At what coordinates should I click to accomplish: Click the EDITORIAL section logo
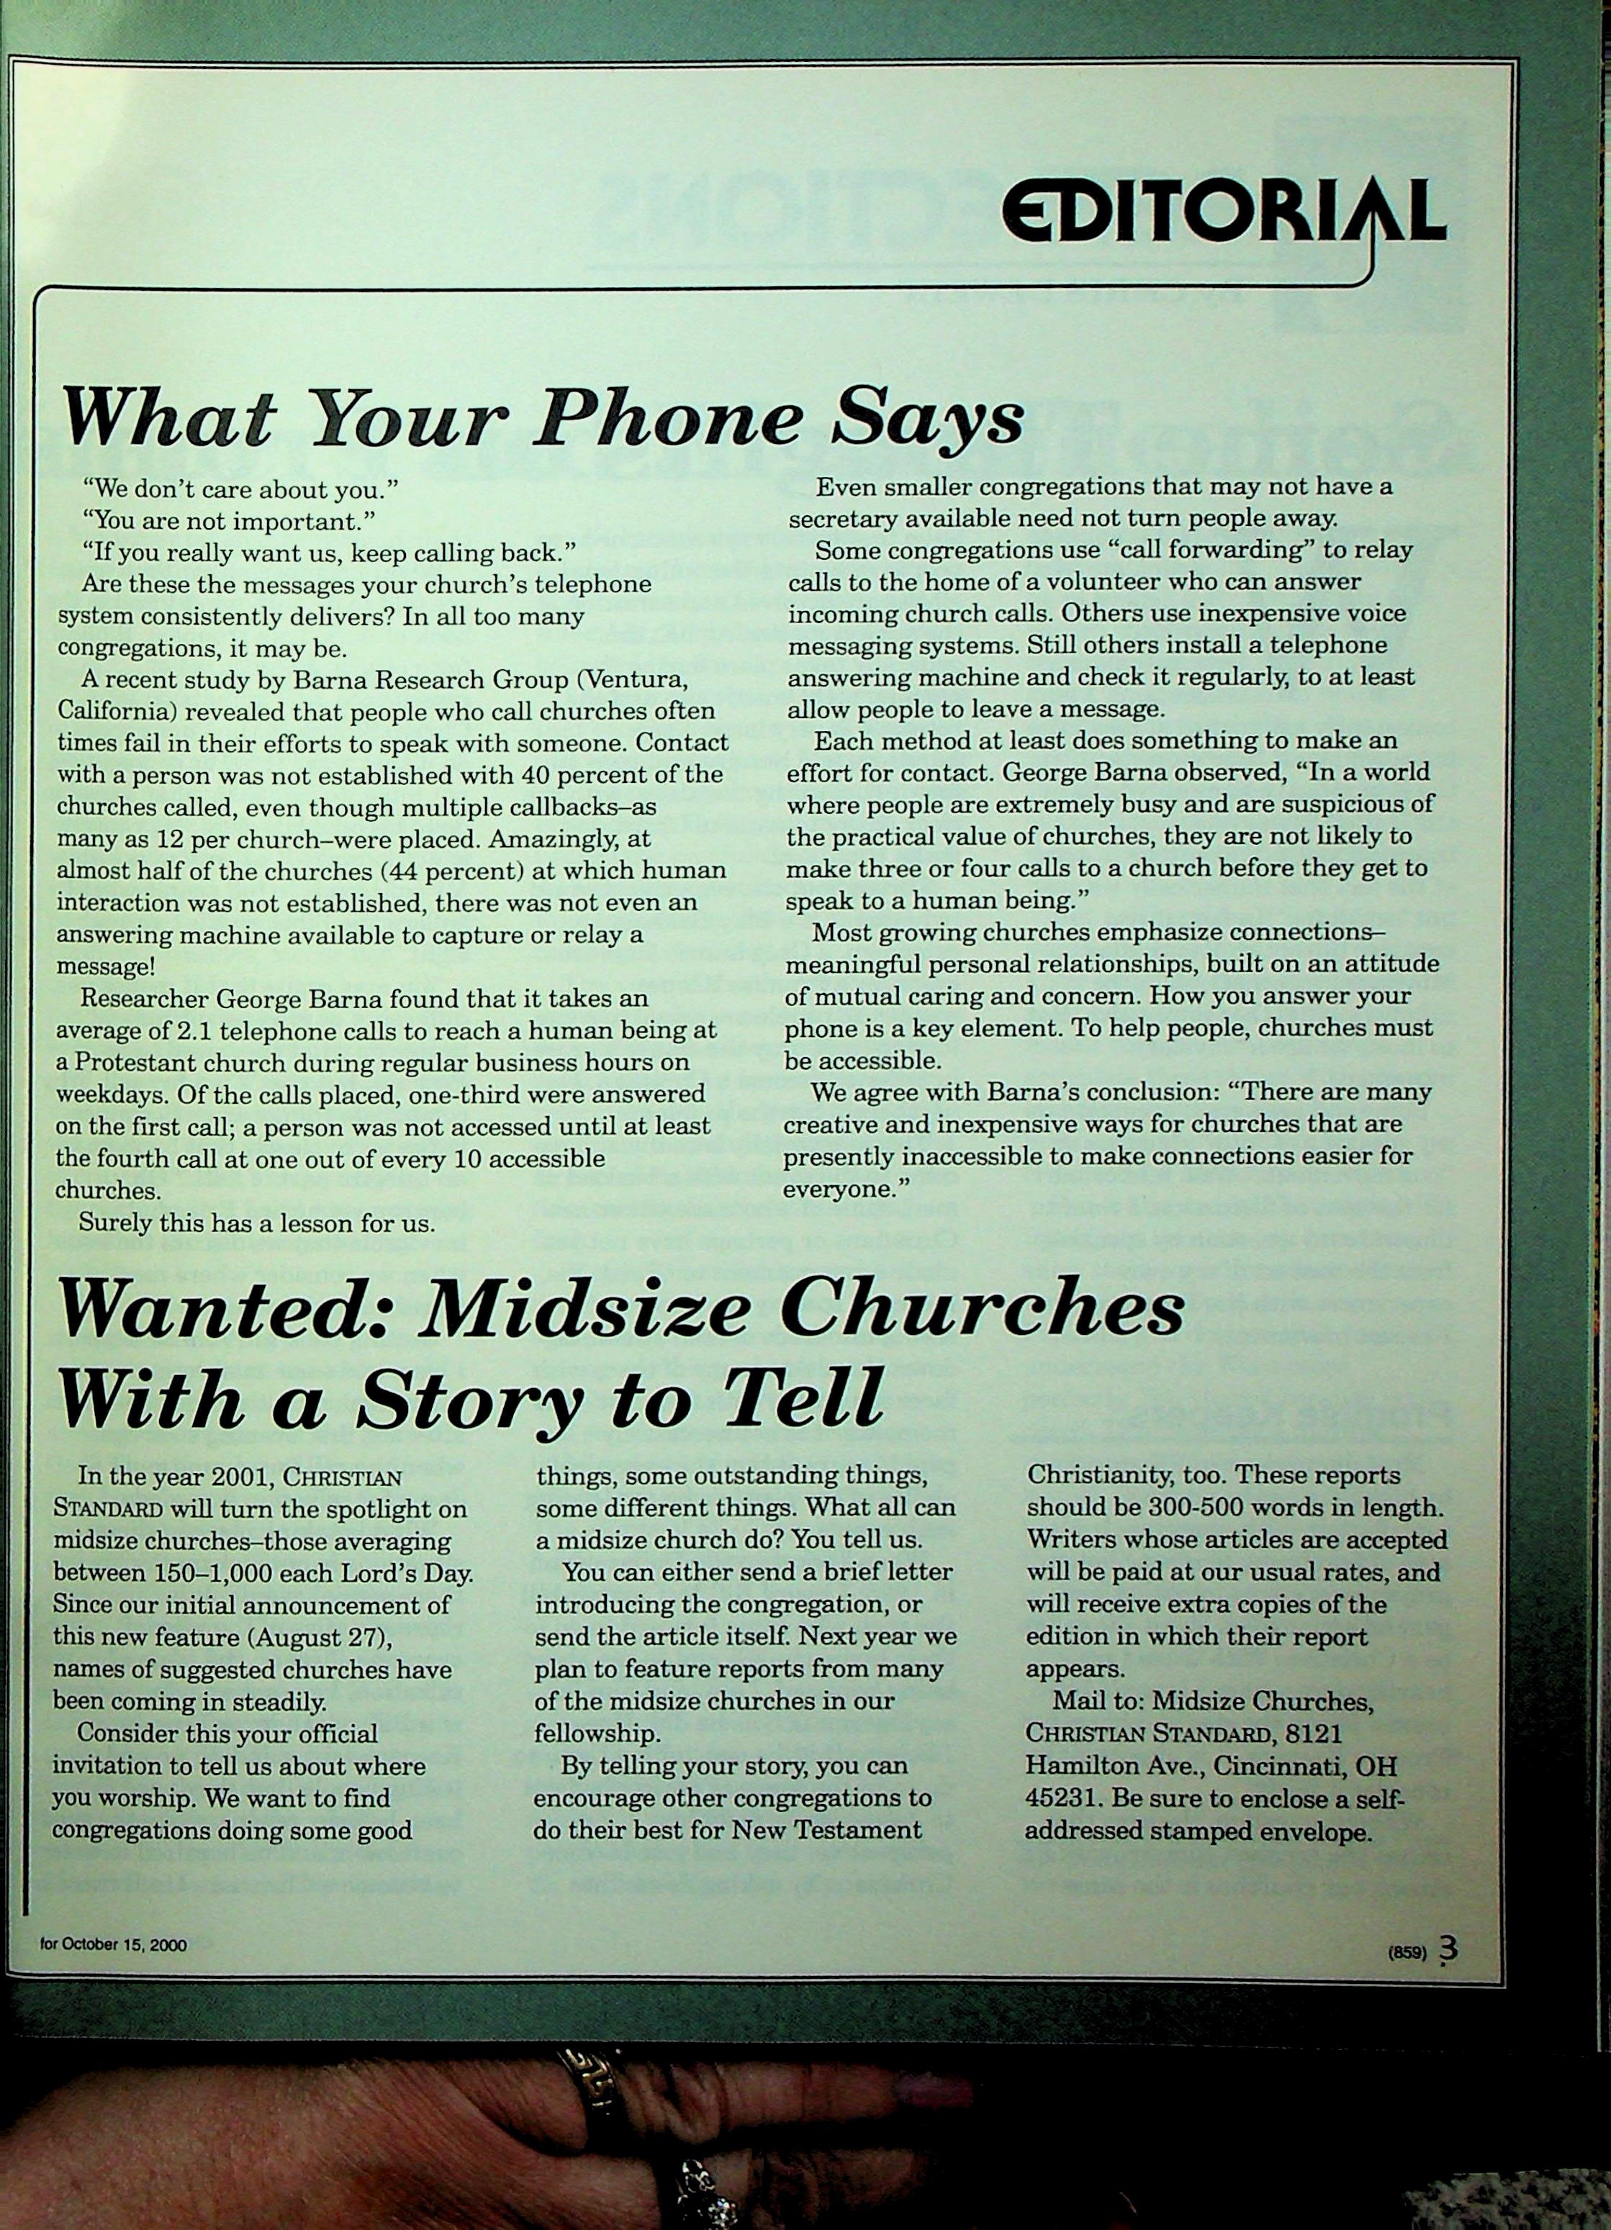click(x=1222, y=214)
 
